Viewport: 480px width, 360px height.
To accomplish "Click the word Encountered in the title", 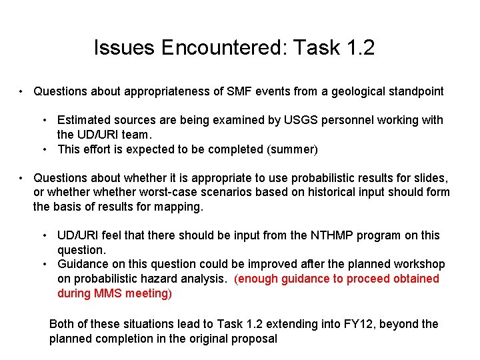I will pyautogui.click(x=217, y=47).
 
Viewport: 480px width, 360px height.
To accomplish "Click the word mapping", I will pyautogui.click(x=179, y=207).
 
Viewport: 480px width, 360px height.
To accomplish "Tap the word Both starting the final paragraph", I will pyautogui.click(x=62, y=324).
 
